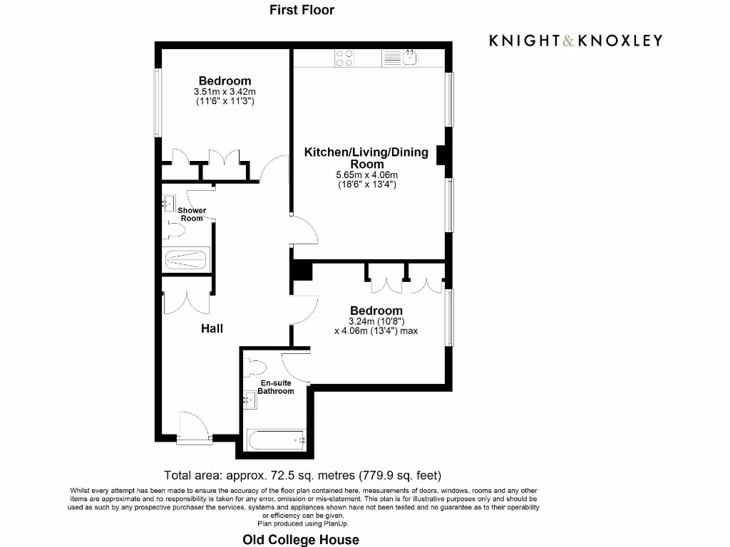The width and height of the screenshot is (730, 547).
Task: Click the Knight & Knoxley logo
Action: tap(575, 41)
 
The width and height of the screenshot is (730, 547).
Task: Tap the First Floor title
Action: tap(302, 10)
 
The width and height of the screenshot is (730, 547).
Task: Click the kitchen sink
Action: tap(410, 57)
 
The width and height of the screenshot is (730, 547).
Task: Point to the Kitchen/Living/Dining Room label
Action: tap(366, 157)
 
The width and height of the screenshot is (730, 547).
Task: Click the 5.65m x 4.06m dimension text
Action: tap(366, 175)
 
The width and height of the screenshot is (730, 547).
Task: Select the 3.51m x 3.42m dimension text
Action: tap(225, 92)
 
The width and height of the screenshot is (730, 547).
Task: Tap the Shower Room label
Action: tap(192, 214)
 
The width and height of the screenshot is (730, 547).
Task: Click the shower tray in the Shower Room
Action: tap(186, 259)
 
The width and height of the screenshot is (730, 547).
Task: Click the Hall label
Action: tap(212, 328)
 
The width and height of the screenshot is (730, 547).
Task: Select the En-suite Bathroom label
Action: tap(275, 387)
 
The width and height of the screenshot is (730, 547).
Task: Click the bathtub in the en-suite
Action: tap(275, 441)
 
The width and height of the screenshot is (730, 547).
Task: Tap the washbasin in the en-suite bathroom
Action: tap(251, 400)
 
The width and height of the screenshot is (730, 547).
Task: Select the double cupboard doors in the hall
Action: tap(187, 302)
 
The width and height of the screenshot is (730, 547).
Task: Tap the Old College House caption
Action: tap(301, 539)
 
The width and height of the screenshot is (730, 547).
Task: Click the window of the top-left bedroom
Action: tap(158, 103)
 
